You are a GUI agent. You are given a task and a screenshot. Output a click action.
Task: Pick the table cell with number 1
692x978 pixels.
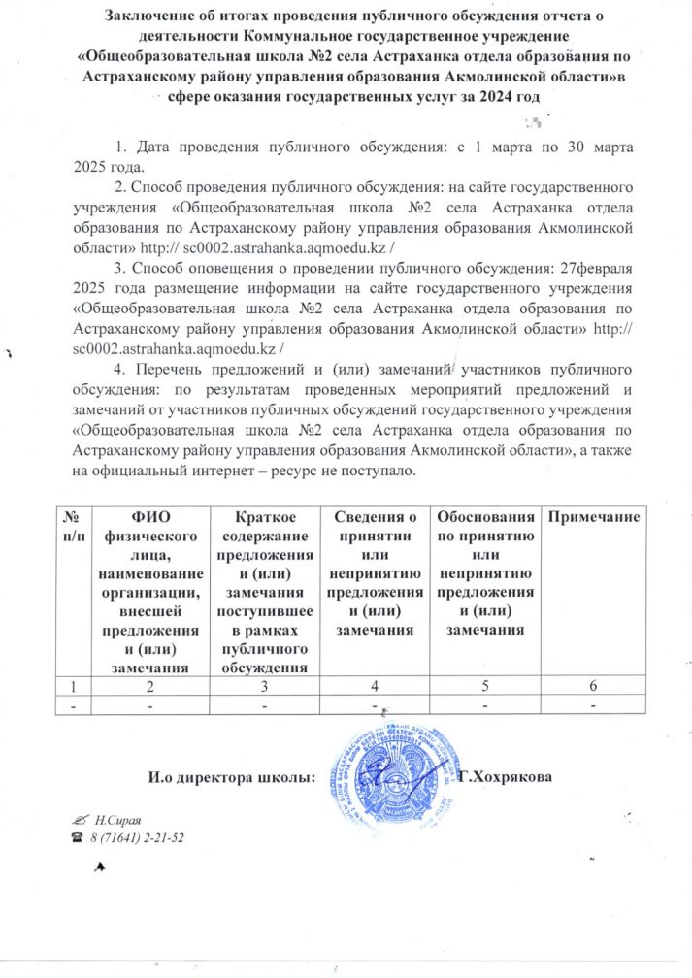(x=73, y=688)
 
